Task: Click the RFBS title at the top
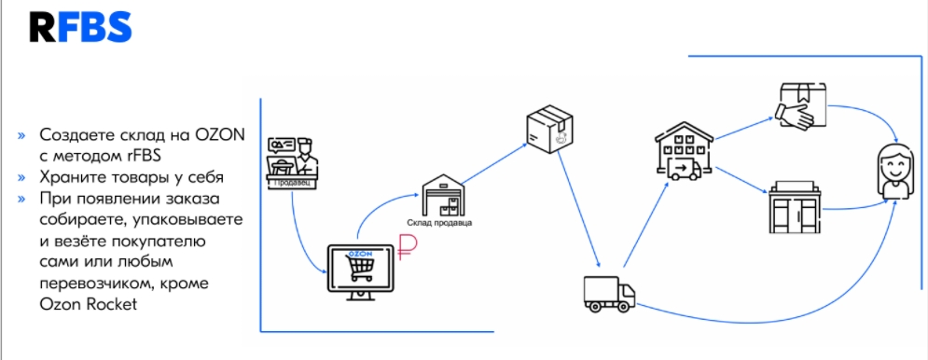pyautogui.click(x=80, y=27)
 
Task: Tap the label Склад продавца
pyautogui.click(x=439, y=223)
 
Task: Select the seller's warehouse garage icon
pyautogui.click(x=443, y=195)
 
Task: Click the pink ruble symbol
pyautogui.click(x=408, y=247)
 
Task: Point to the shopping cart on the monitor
pyautogui.click(x=361, y=267)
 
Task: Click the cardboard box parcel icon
pyautogui.click(x=550, y=129)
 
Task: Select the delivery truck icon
pyautogui.click(x=609, y=295)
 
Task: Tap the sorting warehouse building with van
pyautogui.click(x=685, y=150)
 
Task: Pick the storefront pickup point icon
pyautogui.click(x=795, y=207)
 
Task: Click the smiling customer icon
pyautogui.click(x=894, y=171)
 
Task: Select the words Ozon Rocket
pyautogui.click(x=89, y=304)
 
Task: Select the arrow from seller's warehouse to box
pyautogui.click(x=493, y=163)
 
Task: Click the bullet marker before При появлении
pyautogui.click(x=21, y=199)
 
